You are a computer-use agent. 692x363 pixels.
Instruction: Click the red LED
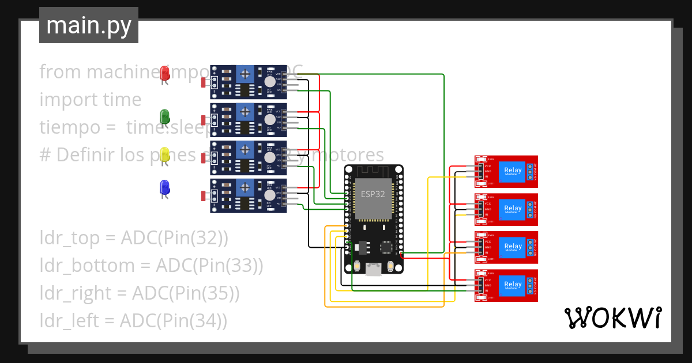pyautogui.click(x=164, y=73)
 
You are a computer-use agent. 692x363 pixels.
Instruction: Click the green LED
pyautogui.click(x=164, y=116)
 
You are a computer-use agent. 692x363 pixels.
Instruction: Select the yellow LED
pyautogui.click(x=164, y=154)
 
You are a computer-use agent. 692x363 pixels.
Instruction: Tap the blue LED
pyautogui.click(x=164, y=187)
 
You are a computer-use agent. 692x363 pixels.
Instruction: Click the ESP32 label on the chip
pyautogui.click(x=373, y=194)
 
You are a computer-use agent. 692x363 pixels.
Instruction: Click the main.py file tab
pyautogui.click(x=89, y=25)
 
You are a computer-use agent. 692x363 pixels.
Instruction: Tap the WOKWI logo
pyautogui.click(x=612, y=317)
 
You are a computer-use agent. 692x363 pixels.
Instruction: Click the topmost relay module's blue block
pyautogui.click(x=513, y=171)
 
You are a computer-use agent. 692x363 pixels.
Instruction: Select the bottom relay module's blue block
pyautogui.click(x=513, y=285)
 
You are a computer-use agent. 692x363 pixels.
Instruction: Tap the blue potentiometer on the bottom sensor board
pyautogui.click(x=246, y=188)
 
